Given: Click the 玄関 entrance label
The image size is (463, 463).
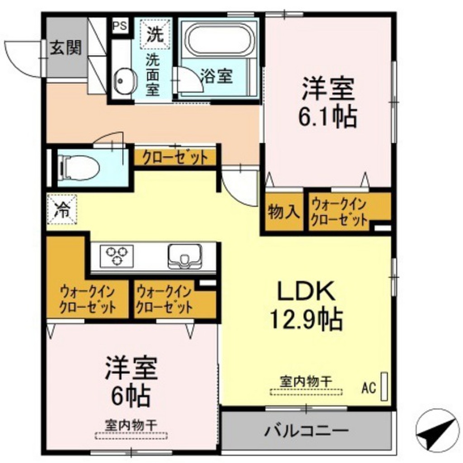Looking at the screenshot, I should [66, 47].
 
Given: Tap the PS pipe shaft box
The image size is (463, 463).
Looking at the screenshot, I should [120, 25].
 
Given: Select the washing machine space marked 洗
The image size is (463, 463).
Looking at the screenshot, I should [155, 35].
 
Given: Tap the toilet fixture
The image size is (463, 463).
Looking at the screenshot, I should [79, 167].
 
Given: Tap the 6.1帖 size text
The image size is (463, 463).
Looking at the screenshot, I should [327, 116].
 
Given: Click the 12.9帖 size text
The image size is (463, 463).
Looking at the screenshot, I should [306, 320].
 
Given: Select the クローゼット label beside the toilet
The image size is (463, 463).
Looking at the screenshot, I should [175, 158].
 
